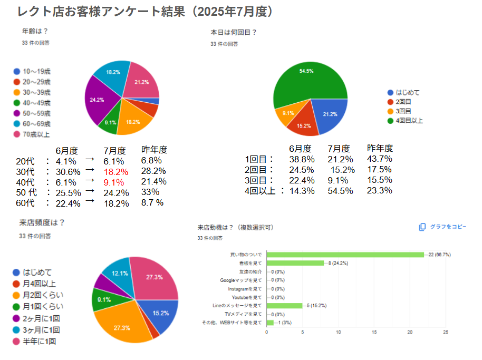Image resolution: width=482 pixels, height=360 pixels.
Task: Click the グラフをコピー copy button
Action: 444,227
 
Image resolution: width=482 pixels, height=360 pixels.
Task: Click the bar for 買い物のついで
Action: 345,255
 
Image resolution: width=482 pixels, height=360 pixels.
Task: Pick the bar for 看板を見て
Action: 295,263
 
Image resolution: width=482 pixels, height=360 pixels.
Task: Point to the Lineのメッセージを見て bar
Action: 285,305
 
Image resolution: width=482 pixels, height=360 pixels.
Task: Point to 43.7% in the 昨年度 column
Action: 379,159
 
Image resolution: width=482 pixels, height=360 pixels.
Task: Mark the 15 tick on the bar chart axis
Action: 374,332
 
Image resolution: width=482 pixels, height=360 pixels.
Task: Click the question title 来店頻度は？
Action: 42,222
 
